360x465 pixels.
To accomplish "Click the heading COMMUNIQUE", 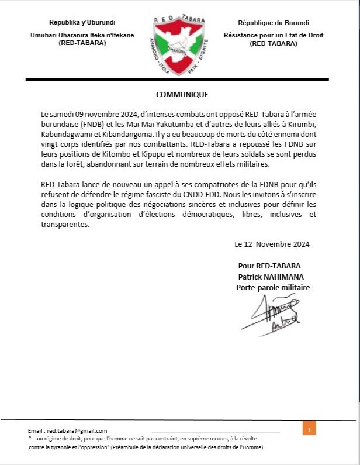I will [182, 94].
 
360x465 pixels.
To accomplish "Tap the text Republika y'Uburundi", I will [82, 23].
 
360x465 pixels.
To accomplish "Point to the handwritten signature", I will [271, 314].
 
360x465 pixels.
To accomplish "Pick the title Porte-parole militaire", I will [273, 287].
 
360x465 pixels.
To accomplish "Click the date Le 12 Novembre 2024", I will [272, 244].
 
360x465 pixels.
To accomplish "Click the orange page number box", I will [309, 429].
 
